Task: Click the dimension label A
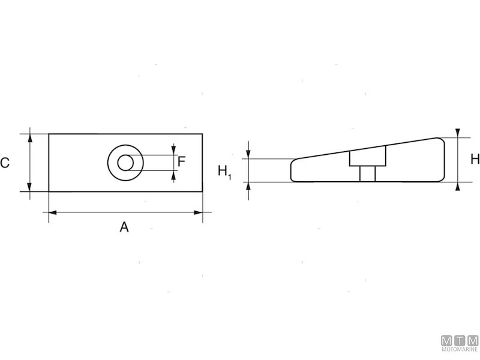point(124,227)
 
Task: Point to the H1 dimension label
point(224,172)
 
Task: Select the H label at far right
point(475,159)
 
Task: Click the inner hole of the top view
point(126,163)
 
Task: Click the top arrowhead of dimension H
point(458,133)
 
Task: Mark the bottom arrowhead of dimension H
point(458,186)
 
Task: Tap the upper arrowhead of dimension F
point(174,150)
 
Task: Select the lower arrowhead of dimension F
point(174,175)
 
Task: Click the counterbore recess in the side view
point(367,158)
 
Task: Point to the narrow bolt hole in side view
point(367,173)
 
